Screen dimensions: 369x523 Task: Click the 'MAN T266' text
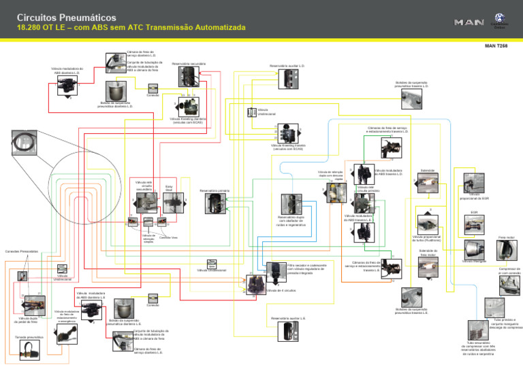coord(496,46)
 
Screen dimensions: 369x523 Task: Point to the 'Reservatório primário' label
coord(214,191)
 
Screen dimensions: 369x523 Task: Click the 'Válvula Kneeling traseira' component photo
coord(288,133)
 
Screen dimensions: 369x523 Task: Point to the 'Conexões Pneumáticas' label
coord(21,251)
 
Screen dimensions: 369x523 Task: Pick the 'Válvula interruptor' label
coord(474,260)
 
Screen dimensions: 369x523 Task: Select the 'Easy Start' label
coord(169,188)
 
